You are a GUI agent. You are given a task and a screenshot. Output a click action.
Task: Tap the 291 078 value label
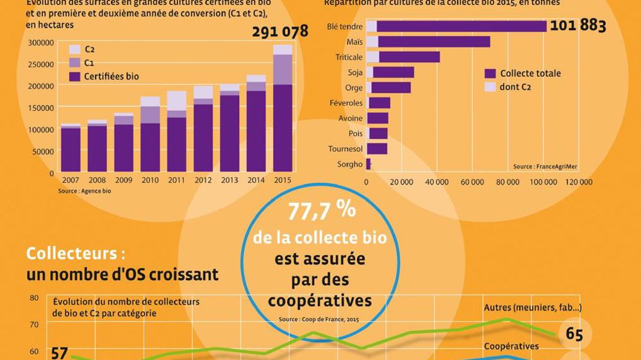[280, 31]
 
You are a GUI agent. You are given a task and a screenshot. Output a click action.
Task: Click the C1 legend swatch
[74, 63]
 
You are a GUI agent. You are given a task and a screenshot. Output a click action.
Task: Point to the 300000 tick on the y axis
[40, 43]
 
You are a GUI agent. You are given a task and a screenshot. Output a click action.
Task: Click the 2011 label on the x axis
[176, 181]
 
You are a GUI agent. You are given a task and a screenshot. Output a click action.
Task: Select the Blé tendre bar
[458, 26]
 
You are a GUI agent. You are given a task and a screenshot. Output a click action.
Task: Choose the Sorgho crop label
[350, 165]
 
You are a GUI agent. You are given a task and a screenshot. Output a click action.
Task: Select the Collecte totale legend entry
[530, 74]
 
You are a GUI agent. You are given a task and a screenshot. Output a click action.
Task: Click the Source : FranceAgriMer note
[545, 167]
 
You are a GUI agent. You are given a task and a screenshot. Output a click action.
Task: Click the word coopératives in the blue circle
[319, 299]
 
